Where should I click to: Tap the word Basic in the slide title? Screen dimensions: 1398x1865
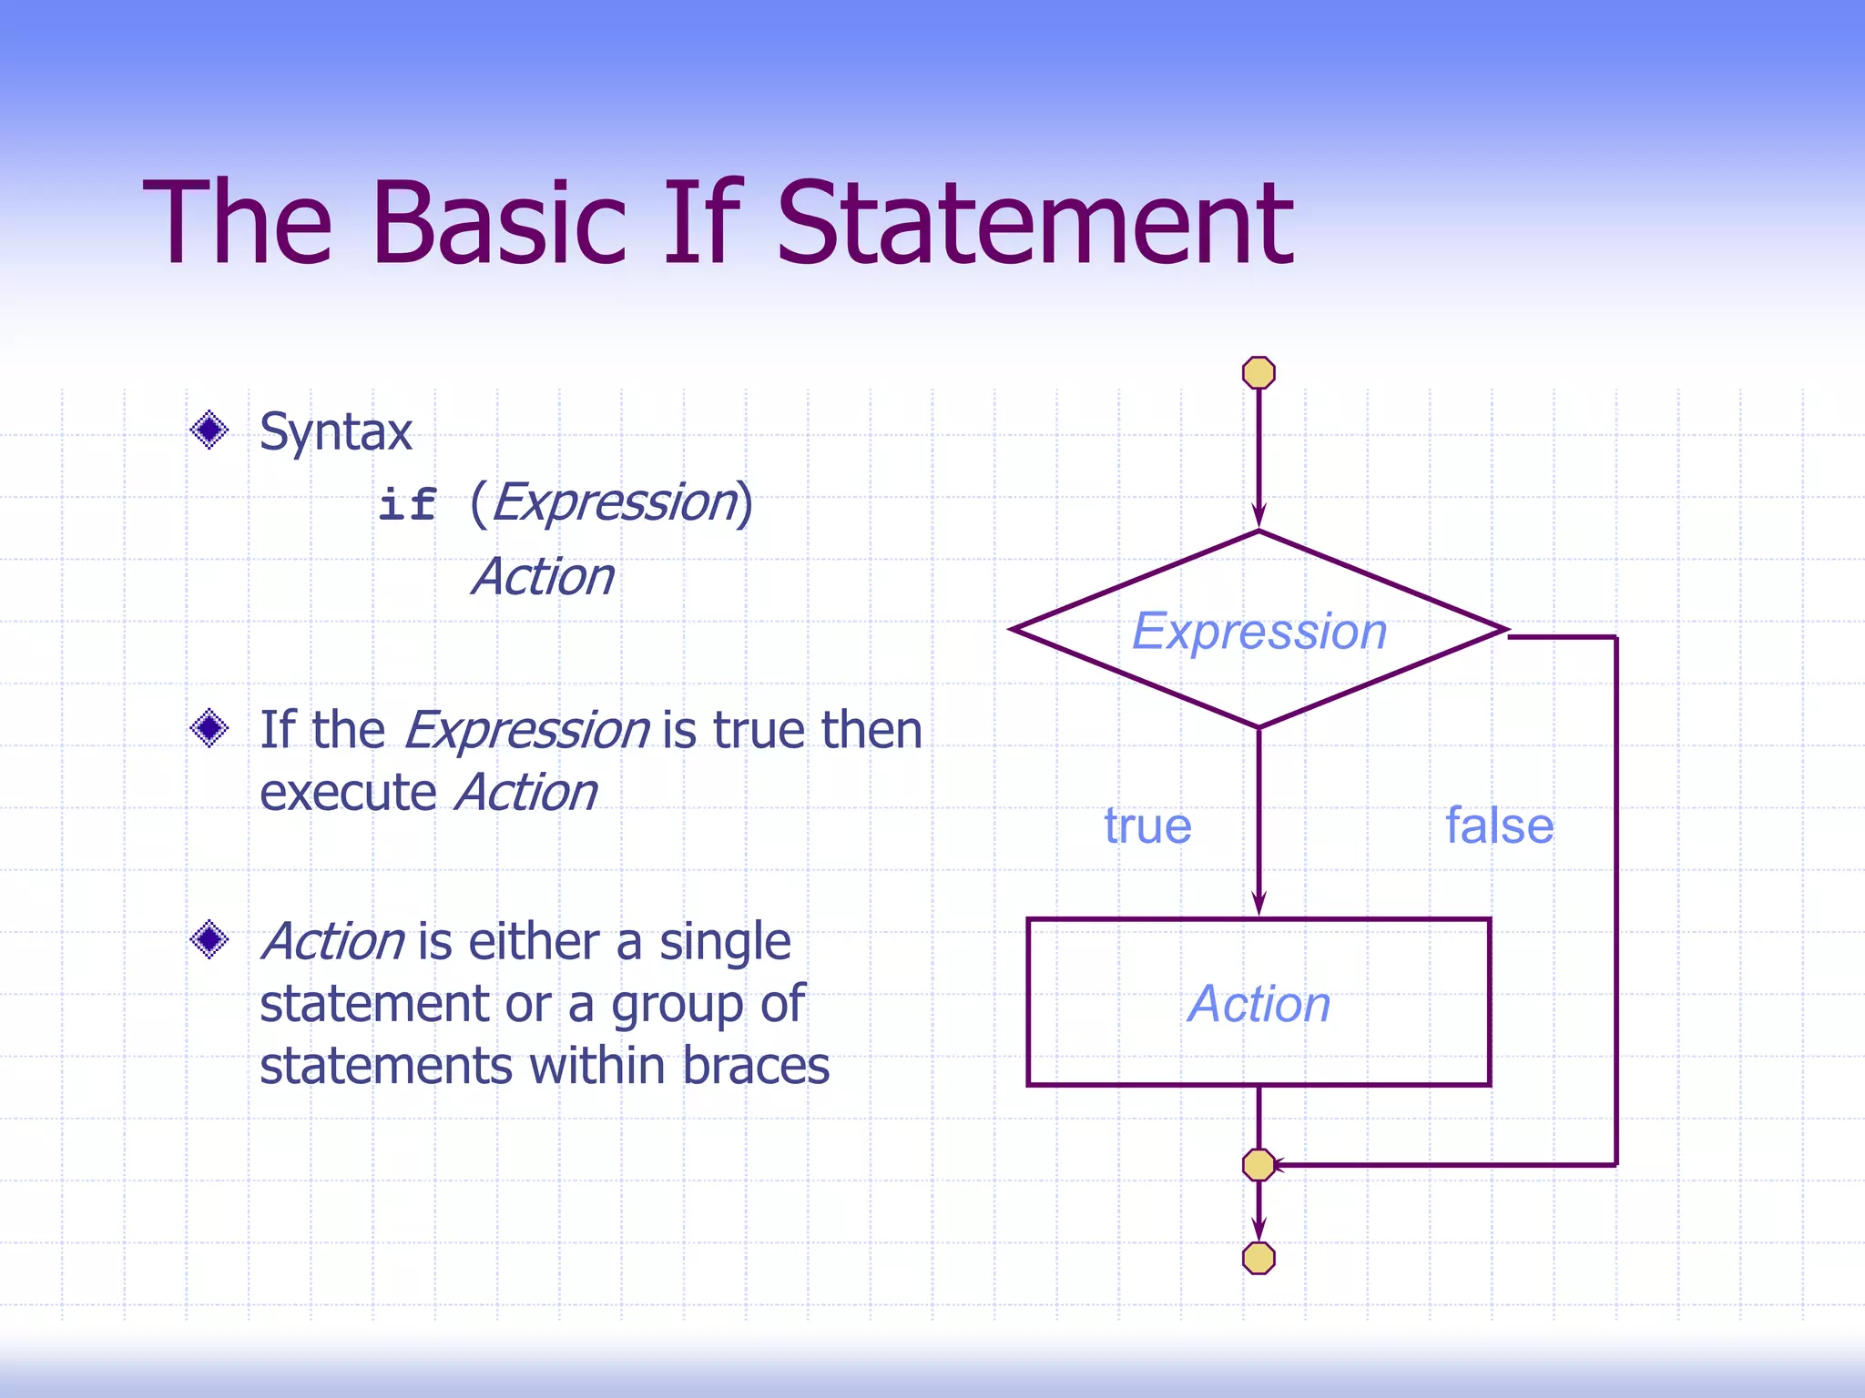click(x=498, y=224)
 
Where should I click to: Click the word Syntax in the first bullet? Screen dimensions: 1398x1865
click(x=335, y=431)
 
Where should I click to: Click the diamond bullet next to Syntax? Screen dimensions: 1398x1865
click(x=209, y=430)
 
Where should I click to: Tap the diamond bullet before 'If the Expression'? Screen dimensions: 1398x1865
click(x=209, y=728)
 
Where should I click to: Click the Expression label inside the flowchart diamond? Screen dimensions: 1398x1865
click(x=1259, y=631)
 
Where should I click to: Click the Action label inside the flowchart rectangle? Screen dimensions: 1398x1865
click(x=1259, y=1004)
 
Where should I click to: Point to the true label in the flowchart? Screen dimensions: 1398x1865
click(x=1147, y=826)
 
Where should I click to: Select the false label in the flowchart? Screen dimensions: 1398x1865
click(x=1499, y=826)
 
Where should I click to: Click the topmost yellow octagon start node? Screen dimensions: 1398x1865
click(x=1259, y=372)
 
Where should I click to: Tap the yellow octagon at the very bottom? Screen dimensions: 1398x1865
click(x=1259, y=1258)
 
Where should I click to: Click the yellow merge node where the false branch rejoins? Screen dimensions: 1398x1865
click(x=1259, y=1164)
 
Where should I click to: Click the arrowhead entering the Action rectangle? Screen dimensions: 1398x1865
click(x=1259, y=904)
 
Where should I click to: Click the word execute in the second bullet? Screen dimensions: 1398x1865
click(x=348, y=793)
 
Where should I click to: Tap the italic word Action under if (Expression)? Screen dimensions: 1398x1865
click(x=544, y=577)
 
